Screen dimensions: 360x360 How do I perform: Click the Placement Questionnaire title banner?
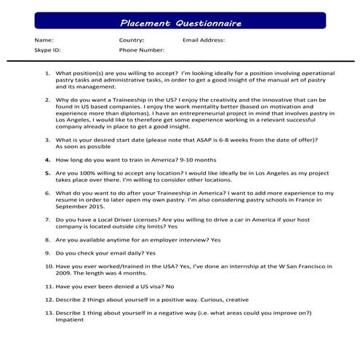click(x=180, y=23)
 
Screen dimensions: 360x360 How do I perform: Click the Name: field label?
click(x=44, y=40)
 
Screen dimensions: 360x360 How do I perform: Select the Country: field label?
click(x=132, y=40)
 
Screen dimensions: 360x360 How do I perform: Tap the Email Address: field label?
click(x=204, y=40)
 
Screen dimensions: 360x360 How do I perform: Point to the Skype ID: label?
click(x=47, y=51)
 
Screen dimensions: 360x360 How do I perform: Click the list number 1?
click(x=48, y=73)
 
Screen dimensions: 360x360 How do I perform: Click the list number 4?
click(x=48, y=159)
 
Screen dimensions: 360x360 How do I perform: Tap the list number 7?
click(x=48, y=219)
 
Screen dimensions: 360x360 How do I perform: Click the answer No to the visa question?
click(x=171, y=287)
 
